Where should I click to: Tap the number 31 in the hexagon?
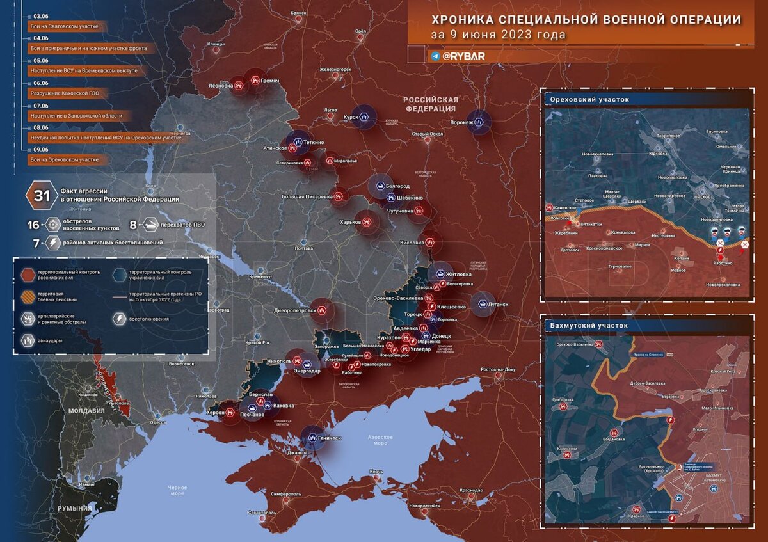(x=42, y=195)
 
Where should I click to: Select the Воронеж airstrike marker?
(x=479, y=122)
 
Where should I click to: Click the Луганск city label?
(x=498, y=305)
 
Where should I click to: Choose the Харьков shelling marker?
(x=368, y=222)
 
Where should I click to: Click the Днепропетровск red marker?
(x=322, y=310)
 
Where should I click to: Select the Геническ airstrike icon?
(x=313, y=438)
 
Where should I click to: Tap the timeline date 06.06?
(x=41, y=83)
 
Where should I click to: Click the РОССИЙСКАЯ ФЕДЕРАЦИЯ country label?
(x=431, y=104)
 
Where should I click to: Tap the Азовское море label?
(x=380, y=440)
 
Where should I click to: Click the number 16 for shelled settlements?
(x=33, y=225)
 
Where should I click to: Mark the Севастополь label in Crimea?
(x=262, y=513)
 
